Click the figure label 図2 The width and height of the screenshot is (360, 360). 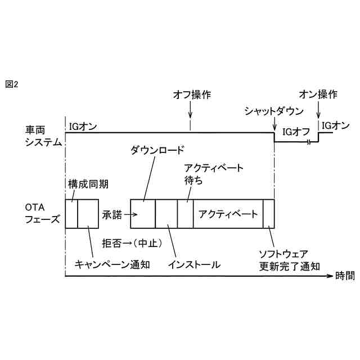pyautogui.click(x=12, y=84)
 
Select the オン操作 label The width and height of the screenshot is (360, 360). pyautogui.click(x=318, y=94)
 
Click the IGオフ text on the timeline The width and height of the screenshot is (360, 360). pyautogui.click(x=296, y=132)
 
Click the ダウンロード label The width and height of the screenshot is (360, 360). pyautogui.click(x=157, y=150)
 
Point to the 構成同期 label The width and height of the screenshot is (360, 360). pyautogui.click(x=88, y=184)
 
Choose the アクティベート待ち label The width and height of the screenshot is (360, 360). pyautogui.click(x=214, y=174)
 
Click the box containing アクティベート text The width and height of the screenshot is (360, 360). pyautogui.click(x=228, y=214)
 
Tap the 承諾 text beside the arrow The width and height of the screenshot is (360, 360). pyautogui.click(x=111, y=214)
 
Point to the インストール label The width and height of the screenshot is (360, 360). pyautogui.click(x=194, y=264)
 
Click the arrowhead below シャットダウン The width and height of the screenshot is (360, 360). pyautogui.click(x=274, y=127)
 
